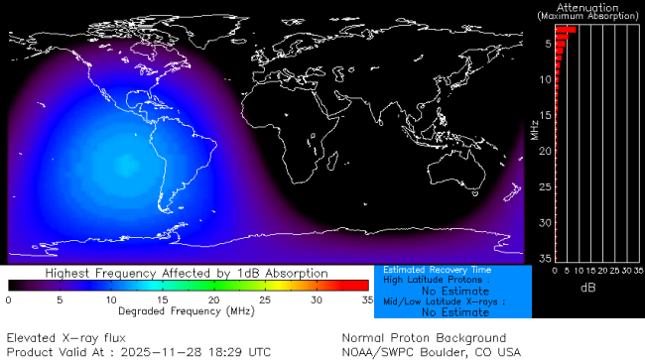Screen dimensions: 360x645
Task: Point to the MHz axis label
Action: point(535,129)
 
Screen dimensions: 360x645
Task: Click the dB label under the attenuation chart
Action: point(587,287)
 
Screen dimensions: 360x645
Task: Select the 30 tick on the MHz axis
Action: point(544,222)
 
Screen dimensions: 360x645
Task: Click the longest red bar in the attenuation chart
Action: point(565,30)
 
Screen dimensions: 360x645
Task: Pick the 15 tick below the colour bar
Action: point(162,299)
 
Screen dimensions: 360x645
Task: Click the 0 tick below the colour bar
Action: point(9,299)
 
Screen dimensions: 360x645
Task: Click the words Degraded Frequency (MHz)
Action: point(187,309)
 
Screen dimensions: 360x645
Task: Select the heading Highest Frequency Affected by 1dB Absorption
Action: point(187,272)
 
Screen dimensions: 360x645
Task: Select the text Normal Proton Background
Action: point(424,338)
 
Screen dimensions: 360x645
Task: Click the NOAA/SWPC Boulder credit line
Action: point(431,351)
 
